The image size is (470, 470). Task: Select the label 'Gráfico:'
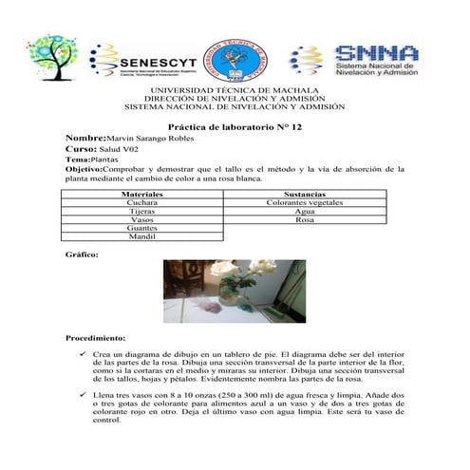coord(80,255)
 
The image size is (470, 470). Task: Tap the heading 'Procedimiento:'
coord(95,338)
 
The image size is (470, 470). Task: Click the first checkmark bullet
coord(84,353)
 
